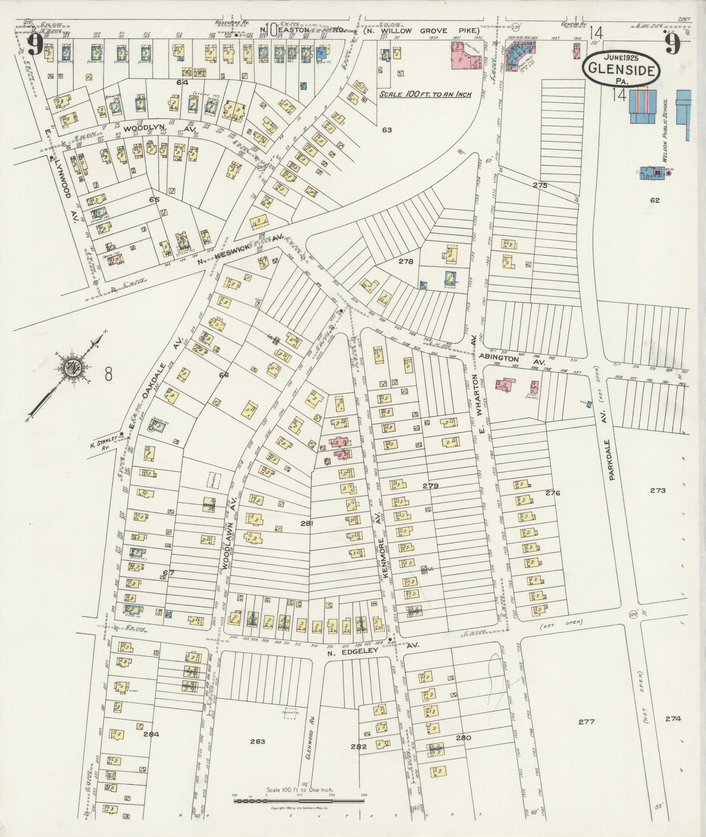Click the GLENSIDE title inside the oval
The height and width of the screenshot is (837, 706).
pyautogui.click(x=621, y=70)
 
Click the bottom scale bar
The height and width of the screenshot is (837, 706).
pyautogui.click(x=300, y=801)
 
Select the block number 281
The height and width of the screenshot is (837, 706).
pyautogui.click(x=306, y=523)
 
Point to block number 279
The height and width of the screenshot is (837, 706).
pyautogui.click(x=430, y=485)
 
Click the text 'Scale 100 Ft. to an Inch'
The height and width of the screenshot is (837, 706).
pyautogui.click(x=425, y=94)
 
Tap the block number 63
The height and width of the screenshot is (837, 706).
pyautogui.click(x=387, y=130)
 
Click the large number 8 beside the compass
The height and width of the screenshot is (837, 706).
pyautogui.click(x=108, y=375)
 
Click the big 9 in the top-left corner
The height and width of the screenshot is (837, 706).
pyautogui.click(x=34, y=46)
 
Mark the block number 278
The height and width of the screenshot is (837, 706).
pyautogui.click(x=406, y=261)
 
